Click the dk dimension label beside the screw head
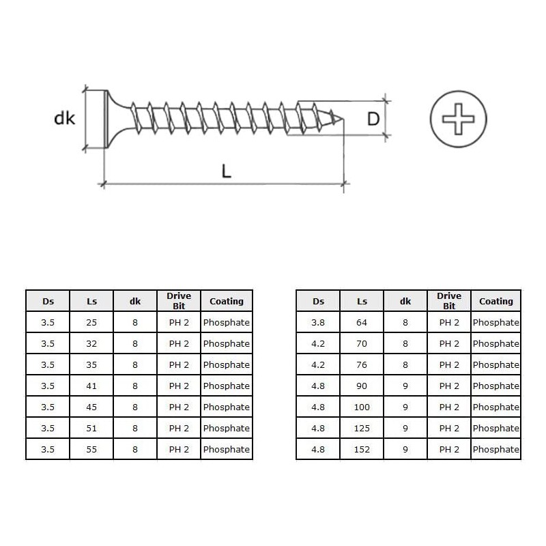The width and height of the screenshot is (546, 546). pyautogui.click(x=65, y=119)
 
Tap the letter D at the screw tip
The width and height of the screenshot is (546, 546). pyautogui.click(x=373, y=119)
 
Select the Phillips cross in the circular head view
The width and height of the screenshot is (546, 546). pyautogui.click(x=458, y=119)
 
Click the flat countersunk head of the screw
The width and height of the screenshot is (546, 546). pyautogui.click(x=106, y=119)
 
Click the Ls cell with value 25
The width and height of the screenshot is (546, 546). pyautogui.click(x=91, y=322)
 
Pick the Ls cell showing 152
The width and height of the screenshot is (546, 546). pyautogui.click(x=362, y=449)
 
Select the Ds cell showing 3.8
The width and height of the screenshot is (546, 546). pyautogui.click(x=318, y=322)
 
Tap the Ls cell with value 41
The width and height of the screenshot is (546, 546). pyautogui.click(x=91, y=386)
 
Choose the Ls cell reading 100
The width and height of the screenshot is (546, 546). pyautogui.click(x=362, y=407)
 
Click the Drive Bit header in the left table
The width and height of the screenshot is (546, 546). pyautogui.click(x=179, y=301)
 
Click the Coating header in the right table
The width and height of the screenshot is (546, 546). pyautogui.click(x=495, y=301)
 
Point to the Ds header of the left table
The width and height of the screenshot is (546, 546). pyautogui.click(x=48, y=301)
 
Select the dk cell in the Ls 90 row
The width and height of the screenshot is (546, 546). pyautogui.click(x=405, y=386)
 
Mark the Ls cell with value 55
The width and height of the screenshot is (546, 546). pyautogui.click(x=91, y=449)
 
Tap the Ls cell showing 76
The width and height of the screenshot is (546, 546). pyautogui.click(x=362, y=364)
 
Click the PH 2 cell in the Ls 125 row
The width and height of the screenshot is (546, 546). pyautogui.click(x=449, y=428)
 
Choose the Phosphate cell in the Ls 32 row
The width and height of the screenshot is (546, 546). pyautogui.click(x=227, y=343)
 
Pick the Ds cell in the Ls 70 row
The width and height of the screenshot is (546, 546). pyautogui.click(x=318, y=343)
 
